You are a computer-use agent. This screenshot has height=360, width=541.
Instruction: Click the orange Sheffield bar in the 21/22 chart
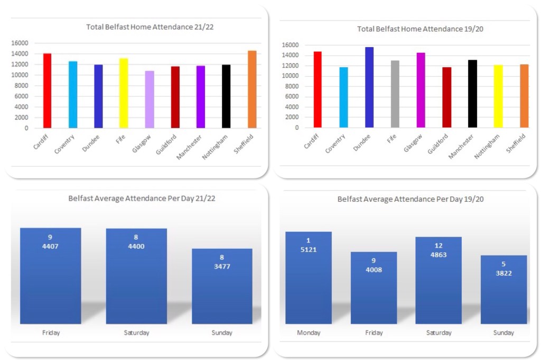pyautogui.click(x=252, y=89)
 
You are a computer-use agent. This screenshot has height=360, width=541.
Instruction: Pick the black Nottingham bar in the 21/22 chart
pyautogui.click(x=226, y=96)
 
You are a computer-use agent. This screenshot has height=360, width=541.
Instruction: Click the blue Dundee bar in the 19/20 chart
pyautogui.click(x=369, y=87)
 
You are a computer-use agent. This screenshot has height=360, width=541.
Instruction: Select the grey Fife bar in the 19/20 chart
pyautogui.click(x=395, y=94)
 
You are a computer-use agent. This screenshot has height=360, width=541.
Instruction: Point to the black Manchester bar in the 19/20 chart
pyautogui.click(x=473, y=93)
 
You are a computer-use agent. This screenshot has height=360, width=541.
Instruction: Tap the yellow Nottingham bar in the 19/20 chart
pyautogui.click(x=498, y=96)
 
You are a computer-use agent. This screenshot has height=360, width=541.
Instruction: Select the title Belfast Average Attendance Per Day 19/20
pyautogui.click(x=411, y=200)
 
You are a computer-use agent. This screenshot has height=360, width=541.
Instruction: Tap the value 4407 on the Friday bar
pyautogui.click(x=50, y=246)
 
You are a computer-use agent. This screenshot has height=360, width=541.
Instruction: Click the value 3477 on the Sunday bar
pyautogui.click(x=222, y=266)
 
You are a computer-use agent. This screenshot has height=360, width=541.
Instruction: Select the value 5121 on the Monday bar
pyautogui.click(x=308, y=249)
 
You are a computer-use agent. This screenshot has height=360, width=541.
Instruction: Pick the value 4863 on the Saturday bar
pyautogui.click(x=439, y=254)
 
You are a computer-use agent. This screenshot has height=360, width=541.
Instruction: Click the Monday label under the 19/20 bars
pyautogui.click(x=309, y=333)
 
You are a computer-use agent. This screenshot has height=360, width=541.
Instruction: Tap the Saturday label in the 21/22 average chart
pyautogui.click(x=136, y=333)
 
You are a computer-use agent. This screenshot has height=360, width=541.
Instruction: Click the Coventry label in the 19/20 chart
pyautogui.click(x=336, y=143)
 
